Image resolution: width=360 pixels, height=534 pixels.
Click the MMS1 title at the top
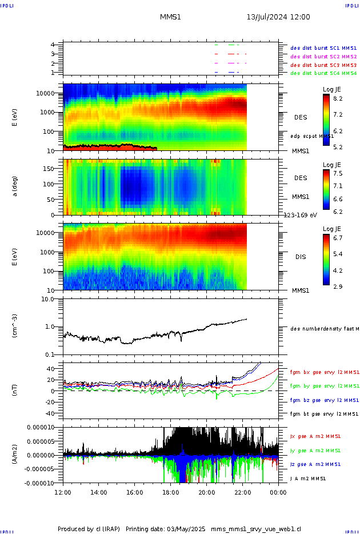click(x=170, y=17)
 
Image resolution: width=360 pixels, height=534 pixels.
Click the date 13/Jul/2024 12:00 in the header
click(x=278, y=17)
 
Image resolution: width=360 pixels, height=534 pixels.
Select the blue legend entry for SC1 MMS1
click(x=323, y=48)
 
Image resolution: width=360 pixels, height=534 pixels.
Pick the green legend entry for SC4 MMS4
click(x=323, y=73)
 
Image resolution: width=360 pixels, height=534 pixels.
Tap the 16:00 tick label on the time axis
click(x=135, y=492)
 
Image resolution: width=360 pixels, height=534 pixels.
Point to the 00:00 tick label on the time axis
click(x=278, y=492)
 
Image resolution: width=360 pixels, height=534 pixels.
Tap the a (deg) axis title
click(x=15, y=186)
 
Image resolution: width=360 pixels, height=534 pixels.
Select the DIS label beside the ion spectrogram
click(x=301, y=257)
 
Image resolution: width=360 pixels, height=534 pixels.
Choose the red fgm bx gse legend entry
click(x=323, y=372)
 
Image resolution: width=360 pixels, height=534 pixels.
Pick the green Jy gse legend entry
click(x=323, y=450)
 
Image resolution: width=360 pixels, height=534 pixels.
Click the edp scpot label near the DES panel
click(x=312, y=136)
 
